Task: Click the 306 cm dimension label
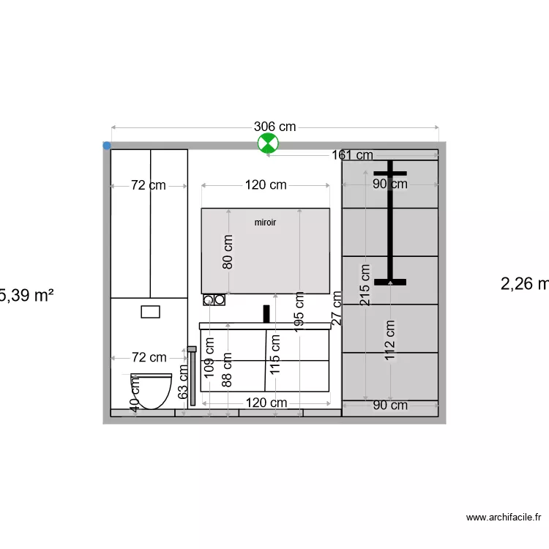coord(274,127)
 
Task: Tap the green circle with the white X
coord(268,144)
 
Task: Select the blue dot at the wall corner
coord(107,146)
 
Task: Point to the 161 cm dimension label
coord(352,155)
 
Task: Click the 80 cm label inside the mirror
coord(228,251)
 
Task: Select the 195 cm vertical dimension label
coord(299,312)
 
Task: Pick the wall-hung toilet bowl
coord(152,390)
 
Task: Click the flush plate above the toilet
coord(151,311)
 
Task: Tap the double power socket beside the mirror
coord(214,299)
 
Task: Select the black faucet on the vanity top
coord(266,314)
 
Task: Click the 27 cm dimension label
coord(337,307)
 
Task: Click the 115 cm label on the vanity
coord(275,354)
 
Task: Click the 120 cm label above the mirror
coord(265,185)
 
